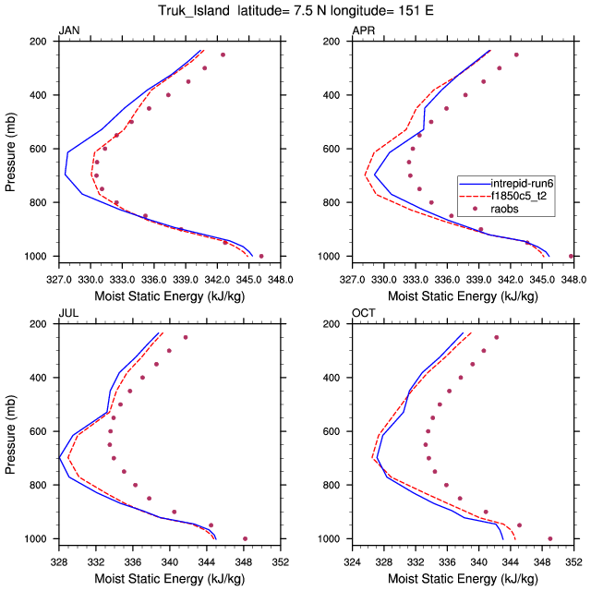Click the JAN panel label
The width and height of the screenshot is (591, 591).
coord(68,30)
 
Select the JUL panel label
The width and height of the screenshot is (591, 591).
coord(67,313)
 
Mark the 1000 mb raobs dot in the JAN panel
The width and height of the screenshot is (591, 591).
coord(261,256)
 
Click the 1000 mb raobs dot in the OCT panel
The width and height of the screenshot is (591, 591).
coord(550,538)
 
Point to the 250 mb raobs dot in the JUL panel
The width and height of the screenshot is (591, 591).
coord(186,337)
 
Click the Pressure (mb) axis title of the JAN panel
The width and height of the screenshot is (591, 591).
coord(11,149)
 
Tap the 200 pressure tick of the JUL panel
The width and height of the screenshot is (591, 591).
coord(39,324)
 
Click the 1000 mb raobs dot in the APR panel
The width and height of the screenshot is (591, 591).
coord(572,256)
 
